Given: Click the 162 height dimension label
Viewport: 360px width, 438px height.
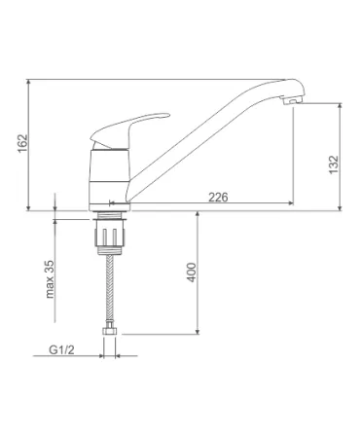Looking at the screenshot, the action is point(23,143).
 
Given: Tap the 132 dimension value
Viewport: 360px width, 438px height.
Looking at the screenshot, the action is point(334,164).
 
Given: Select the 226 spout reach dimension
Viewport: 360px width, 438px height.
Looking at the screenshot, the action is point(218,197).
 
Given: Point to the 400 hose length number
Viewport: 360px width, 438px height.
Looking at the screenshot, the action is point(192,273).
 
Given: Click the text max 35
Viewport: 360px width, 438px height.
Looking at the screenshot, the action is point(50,278).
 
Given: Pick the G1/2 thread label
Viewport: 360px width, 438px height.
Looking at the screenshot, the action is point(61,349).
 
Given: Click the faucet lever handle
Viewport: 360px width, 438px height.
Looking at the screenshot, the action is point(129,130).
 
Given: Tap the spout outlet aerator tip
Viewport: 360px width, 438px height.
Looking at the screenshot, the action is point(293,100).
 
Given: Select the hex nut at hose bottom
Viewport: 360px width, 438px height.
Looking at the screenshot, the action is point(110,331).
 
